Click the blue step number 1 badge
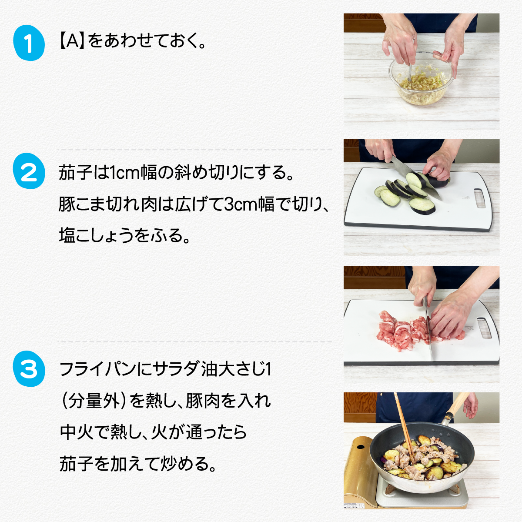(29, 43)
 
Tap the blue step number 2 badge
(29, 171)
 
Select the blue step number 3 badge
(29, 369)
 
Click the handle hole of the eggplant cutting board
(479, 198)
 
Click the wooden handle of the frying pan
(458, 406)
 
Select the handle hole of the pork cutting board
(485, 328)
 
